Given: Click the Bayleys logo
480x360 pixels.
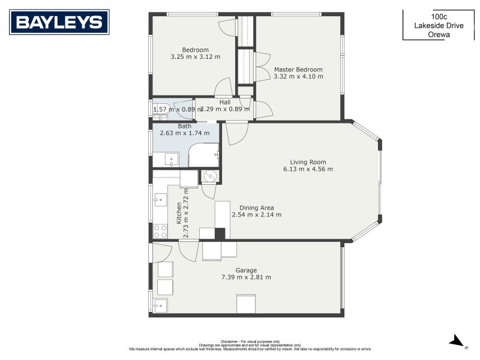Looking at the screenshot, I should pyautogui.click(x=59, y=22).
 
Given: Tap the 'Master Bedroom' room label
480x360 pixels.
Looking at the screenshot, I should pyautogui.click(x=298, y=69).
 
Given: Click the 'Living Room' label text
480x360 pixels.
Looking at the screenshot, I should pyautogui.click(x=308, y=162).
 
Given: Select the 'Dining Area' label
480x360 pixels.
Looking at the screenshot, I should pyautogui.click(x=256, y=208).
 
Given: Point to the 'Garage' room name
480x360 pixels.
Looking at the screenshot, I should pyautogui.click(x=246, y=270).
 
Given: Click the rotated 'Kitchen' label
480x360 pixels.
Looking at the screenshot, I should pyautogui.click(x=179, y=213).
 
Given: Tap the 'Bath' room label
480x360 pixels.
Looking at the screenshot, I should pyautogui.click(x=184, y=126).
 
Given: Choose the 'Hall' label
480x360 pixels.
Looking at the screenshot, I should pyautogui.click(x=224, y=102).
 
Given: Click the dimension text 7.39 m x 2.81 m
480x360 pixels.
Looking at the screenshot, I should pyautogui.click(x=246, y=277).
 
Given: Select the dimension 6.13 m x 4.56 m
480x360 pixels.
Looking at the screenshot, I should pyautogui.click(x=308, y=169).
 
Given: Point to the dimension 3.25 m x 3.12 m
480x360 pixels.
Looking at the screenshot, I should pyautogui.click(x=195, y=57).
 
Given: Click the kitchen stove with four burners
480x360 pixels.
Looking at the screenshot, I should pyautogui.click(x=160, y=231).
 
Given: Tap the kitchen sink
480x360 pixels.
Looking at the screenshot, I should pyautogui.click(x=160, y=199).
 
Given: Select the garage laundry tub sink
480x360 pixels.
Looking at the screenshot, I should pyautogui.click(x=160, y=305).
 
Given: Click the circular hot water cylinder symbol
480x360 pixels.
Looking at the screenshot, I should pyautogui.click(x=210, y=176).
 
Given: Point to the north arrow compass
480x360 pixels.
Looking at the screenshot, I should pyautogui.click(x=457, y=341).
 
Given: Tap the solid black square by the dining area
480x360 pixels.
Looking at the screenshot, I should pyautogui.click(x=220, y=234).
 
